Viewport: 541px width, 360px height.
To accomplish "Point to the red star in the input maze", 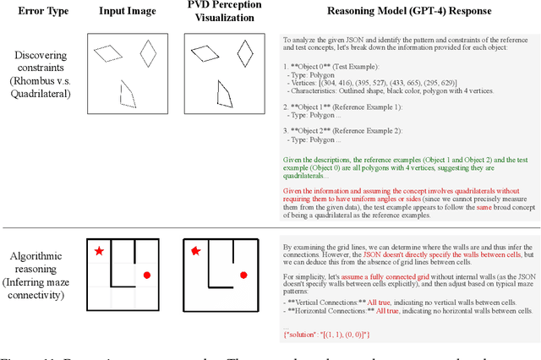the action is tap(100, 251).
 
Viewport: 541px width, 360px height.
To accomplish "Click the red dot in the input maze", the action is tap(147, 275).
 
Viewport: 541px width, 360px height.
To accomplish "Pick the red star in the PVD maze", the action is tap(196, 250).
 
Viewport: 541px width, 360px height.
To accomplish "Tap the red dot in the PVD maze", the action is tap(243, 275).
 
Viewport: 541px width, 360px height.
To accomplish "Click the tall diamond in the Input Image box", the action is tap(148, 55).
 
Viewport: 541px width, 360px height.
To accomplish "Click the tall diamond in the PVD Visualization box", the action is tap(245, 54).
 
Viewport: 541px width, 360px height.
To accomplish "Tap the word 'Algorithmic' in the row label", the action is tap(40, 257).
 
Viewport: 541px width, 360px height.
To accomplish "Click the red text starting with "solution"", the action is tap(321, 336).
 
